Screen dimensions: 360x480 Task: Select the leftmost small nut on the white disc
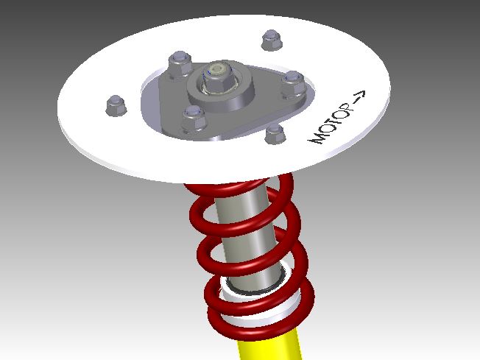[x=116, y=106]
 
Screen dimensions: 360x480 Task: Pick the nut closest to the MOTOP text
[x=275, y=133]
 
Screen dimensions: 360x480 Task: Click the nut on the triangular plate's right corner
[x=292, y=82]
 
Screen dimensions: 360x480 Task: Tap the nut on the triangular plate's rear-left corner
[x=179, y=65]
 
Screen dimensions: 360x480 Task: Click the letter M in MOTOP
[x=319, y=136]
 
